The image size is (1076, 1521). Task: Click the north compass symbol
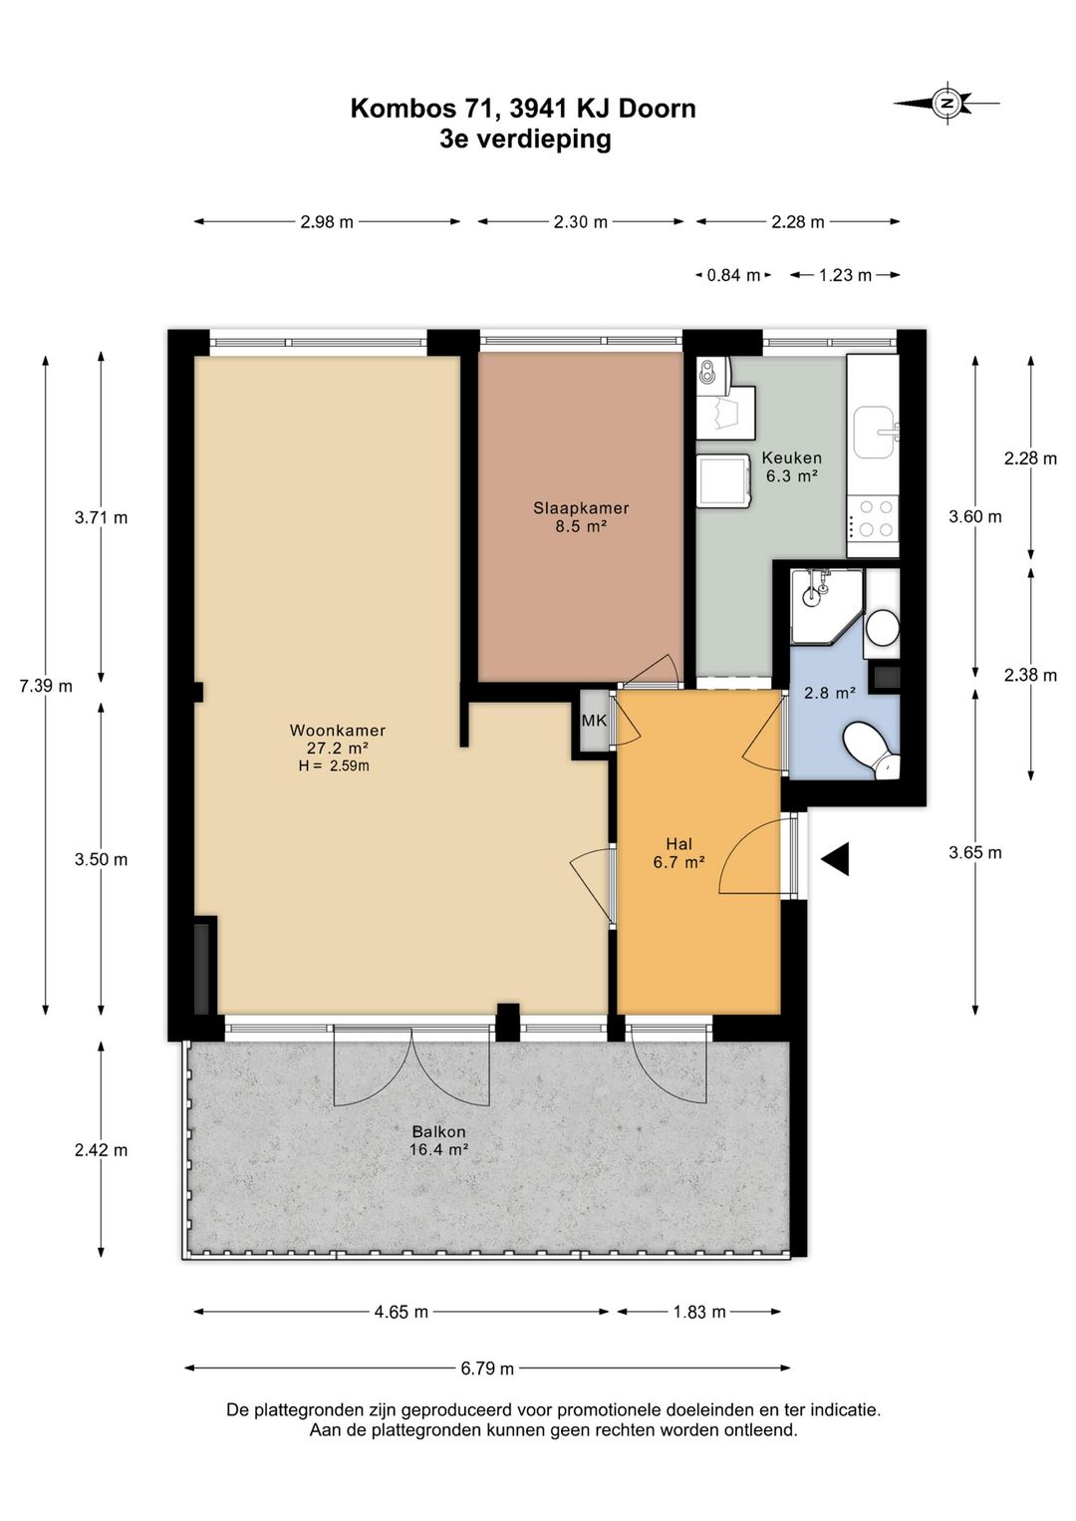(945, 104)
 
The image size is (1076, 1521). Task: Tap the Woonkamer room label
(338, 731)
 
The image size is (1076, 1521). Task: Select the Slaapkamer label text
(581, 508)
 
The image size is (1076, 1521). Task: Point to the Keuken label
(791, 457)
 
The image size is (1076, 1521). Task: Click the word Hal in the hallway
(678, 844)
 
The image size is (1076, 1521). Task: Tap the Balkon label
(439, 1132)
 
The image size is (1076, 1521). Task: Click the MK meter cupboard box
(594, 721)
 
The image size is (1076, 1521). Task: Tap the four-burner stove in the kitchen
(873, 516)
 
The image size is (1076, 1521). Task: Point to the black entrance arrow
(835, 859)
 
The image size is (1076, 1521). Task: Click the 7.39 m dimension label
(46, 686)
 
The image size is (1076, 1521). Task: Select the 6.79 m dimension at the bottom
(487, 1368)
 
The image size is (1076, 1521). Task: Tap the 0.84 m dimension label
(734, 275)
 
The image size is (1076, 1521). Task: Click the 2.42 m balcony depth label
(102, 1150)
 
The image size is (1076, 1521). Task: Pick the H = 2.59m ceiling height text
(334, 765)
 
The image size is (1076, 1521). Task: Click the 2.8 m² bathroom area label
(830, 694)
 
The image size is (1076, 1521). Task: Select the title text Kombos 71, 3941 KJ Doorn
(523, 109)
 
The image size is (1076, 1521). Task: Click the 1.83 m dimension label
(700, 1312)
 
